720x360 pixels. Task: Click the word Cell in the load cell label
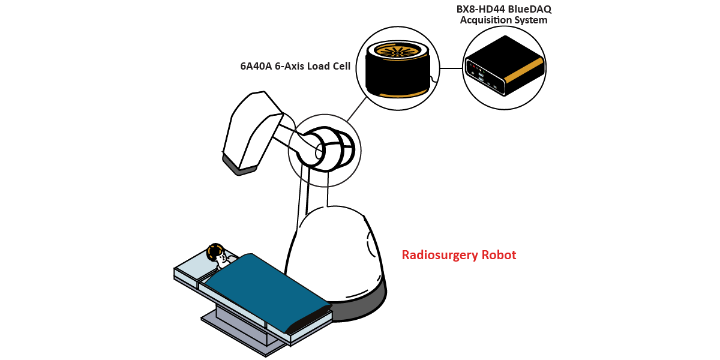click(339, 66)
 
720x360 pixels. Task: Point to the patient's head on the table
click(215, 251)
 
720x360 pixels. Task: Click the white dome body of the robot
click(336, 252)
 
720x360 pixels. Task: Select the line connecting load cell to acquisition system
click(451, 68)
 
